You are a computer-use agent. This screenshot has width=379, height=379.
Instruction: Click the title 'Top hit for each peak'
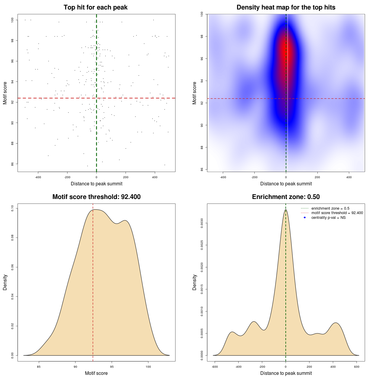tap(96, 7)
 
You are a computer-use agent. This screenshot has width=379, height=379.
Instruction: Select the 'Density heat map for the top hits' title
tap(286, 7)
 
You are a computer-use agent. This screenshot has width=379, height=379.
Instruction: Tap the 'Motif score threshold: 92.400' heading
tap(96, 197)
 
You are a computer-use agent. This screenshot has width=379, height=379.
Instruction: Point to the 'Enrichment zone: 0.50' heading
tap(286, 197)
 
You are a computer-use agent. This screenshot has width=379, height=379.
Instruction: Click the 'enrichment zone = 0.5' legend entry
tap(330, 208)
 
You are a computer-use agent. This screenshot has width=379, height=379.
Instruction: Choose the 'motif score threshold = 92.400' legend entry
tap(337, 213)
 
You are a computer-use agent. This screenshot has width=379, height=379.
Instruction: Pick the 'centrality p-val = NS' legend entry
tap(328, 218)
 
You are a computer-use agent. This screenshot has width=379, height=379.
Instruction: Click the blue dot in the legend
tap(305, 218)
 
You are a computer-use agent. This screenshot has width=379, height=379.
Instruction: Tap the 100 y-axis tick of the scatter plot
tap(13, 20)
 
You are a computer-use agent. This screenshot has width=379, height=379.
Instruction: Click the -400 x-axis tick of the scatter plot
tap(38, 177)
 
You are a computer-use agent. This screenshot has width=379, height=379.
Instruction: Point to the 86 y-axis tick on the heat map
tap(202, 169)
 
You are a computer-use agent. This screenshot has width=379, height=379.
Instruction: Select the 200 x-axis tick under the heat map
tap(317, 177)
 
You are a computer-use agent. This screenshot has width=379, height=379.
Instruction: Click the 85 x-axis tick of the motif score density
tap(39, 367)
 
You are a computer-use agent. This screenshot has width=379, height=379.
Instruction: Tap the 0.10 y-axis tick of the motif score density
tap(13, 208)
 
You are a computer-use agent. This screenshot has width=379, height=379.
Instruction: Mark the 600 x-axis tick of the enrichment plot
tap(356, 367)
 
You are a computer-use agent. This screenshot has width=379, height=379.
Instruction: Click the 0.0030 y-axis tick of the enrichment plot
tap(202, 223)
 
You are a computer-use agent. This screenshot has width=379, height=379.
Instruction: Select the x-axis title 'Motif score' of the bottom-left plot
tap(96, 373)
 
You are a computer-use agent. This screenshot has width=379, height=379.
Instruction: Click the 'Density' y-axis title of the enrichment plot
tap(195, 282)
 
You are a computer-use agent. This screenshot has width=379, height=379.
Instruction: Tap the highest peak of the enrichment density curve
tap(286, 210)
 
